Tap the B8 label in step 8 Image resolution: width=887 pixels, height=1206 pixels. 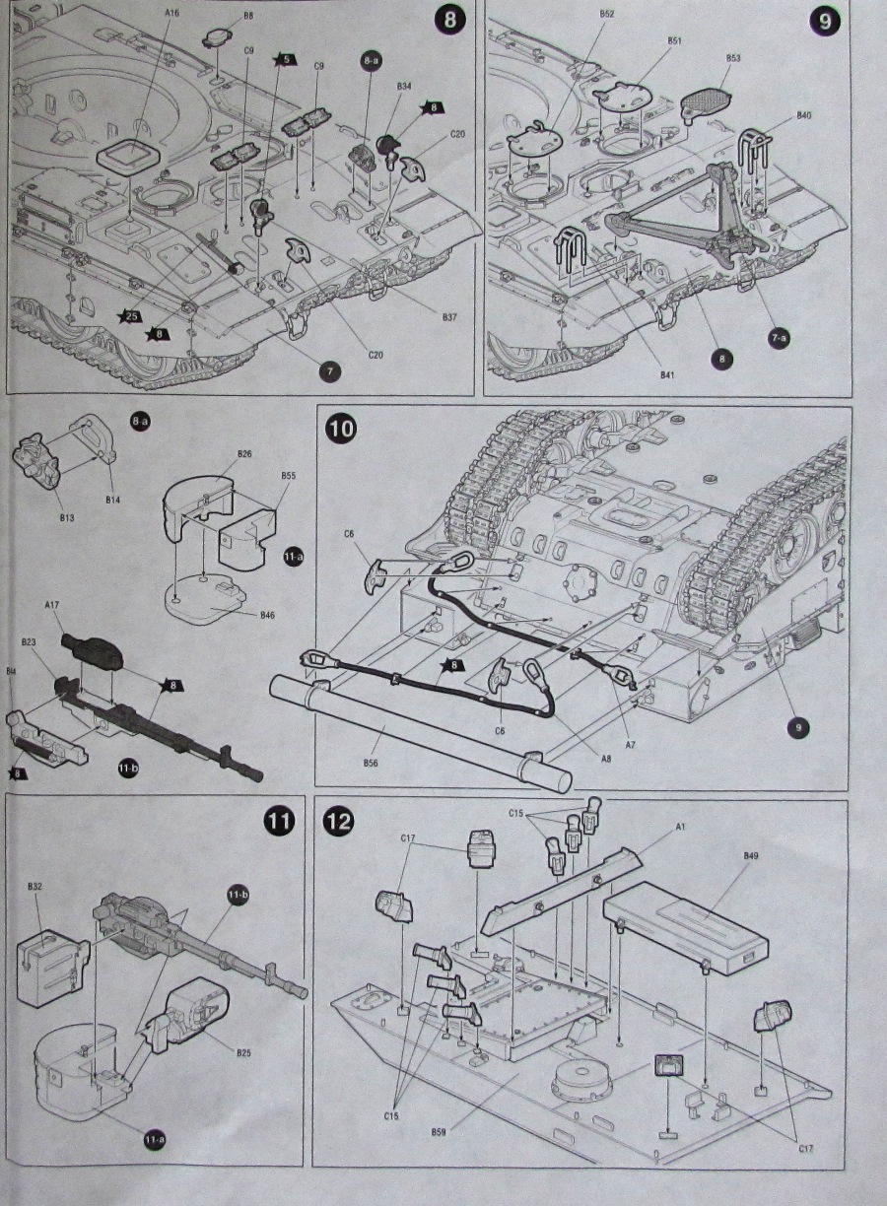(x=247, y=16)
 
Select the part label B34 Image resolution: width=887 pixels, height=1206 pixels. (x=404, y=87)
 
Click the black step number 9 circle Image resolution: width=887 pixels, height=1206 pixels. (x=825, y=21)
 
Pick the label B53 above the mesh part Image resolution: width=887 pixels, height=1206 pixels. (x=733, y=58)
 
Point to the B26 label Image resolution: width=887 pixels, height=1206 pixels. (x=244, y=454)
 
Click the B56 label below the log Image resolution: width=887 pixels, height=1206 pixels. (x=371, y=764)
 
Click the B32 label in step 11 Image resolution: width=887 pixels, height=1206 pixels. (x=34, y=887)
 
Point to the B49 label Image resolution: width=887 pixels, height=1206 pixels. (x=750, y=856)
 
